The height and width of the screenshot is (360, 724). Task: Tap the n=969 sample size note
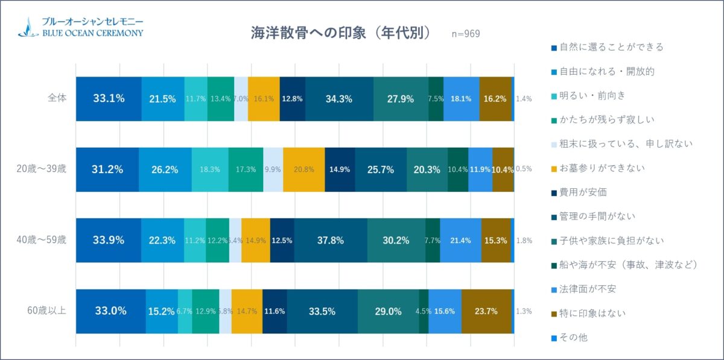[x=465, y=34]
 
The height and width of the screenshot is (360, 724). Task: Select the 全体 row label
[x=58, y=99]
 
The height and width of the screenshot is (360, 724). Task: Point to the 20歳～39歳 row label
[x=42, y=169]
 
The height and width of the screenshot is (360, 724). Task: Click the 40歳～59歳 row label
[x=42, y=239]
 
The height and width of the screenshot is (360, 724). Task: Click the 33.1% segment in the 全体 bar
[x=109, y=99]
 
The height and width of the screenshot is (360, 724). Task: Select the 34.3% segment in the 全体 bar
[x=339, y=99]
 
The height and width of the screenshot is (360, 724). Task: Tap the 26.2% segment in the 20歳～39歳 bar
[x=165, y=169]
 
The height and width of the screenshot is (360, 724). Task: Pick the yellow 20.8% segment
[x=303, y=169]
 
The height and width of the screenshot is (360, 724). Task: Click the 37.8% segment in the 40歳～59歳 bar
[x=331, y=240]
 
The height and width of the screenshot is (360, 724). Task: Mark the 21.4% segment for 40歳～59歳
[x=460, y=240]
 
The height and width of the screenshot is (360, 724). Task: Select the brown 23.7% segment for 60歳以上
[x=486, y=311]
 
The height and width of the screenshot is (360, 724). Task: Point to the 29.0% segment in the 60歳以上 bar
[x=388, y=311]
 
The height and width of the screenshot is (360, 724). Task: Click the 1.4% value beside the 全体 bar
[x=524, y=99]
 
